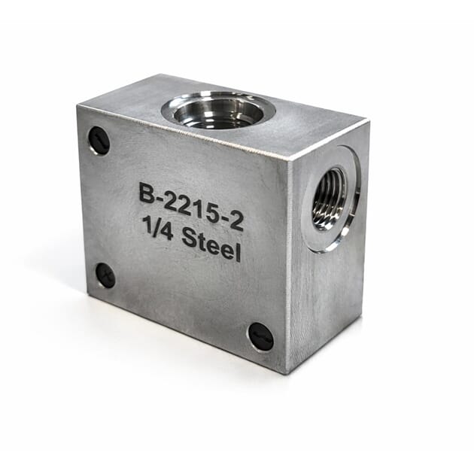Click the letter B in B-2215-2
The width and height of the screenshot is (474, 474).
tap(146, 193)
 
